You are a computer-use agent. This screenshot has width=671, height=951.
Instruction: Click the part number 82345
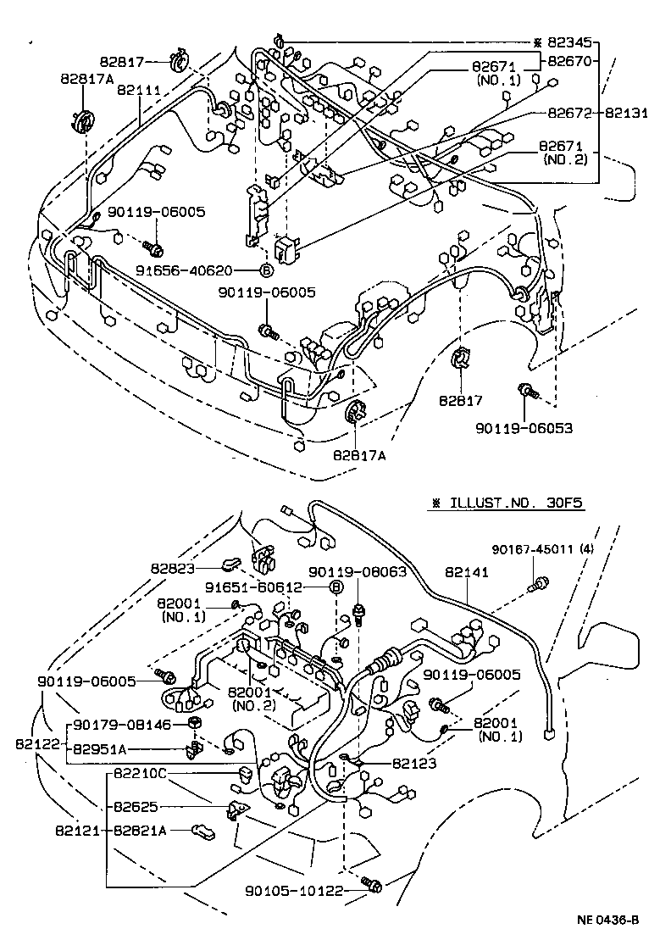(x=574, y=42)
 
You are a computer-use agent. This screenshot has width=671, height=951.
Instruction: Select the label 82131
(x=625, y=113)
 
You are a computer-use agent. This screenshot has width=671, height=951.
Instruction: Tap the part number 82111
(x=137, y=90)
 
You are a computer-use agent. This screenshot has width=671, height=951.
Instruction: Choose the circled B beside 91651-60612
(x=335, y=587)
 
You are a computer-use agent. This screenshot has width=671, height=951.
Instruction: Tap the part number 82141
(x=467, y=573)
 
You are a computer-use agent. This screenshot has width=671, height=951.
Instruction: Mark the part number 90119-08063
(x=358, y=572)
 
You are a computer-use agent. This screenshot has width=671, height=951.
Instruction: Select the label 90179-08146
(x=122, y=725)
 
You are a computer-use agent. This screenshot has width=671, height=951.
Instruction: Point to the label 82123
(x=416, y=764)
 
